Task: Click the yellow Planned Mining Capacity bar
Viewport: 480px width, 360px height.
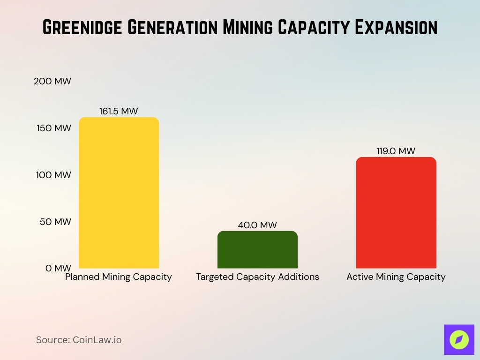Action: click(119, 193)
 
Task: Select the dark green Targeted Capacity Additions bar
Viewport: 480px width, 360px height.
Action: click(257, 249)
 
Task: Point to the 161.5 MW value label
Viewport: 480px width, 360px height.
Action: click(119, 112)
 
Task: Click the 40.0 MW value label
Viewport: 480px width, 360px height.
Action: click(257, 225)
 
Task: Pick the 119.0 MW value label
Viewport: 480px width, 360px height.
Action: click(396, 151)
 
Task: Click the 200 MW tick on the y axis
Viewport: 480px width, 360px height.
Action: click(52, 81)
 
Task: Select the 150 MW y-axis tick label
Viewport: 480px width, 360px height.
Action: click(53, 128)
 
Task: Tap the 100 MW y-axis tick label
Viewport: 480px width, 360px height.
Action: click(53, 175)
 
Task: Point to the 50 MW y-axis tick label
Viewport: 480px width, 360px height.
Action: click(55, 222)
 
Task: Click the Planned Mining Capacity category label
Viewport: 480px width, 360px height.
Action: click(119, 277)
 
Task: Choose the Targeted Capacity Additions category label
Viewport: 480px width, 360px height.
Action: click(257, 277)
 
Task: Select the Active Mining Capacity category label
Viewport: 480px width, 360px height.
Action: click(396, 277)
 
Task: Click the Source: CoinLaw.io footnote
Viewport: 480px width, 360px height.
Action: click(79, 340)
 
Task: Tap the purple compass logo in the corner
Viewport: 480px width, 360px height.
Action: click(459, 339)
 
